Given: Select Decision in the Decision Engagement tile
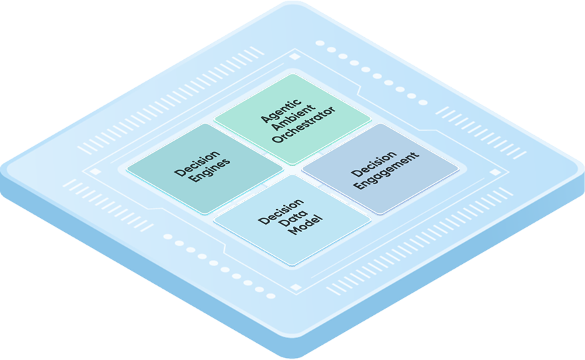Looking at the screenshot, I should click(372, 161).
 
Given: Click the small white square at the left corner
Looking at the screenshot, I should click(95, 171).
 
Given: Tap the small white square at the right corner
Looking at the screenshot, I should click(494, 173).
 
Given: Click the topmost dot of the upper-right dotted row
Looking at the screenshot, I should click(320, 43).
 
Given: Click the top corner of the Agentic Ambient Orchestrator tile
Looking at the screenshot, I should click(292, 75).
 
